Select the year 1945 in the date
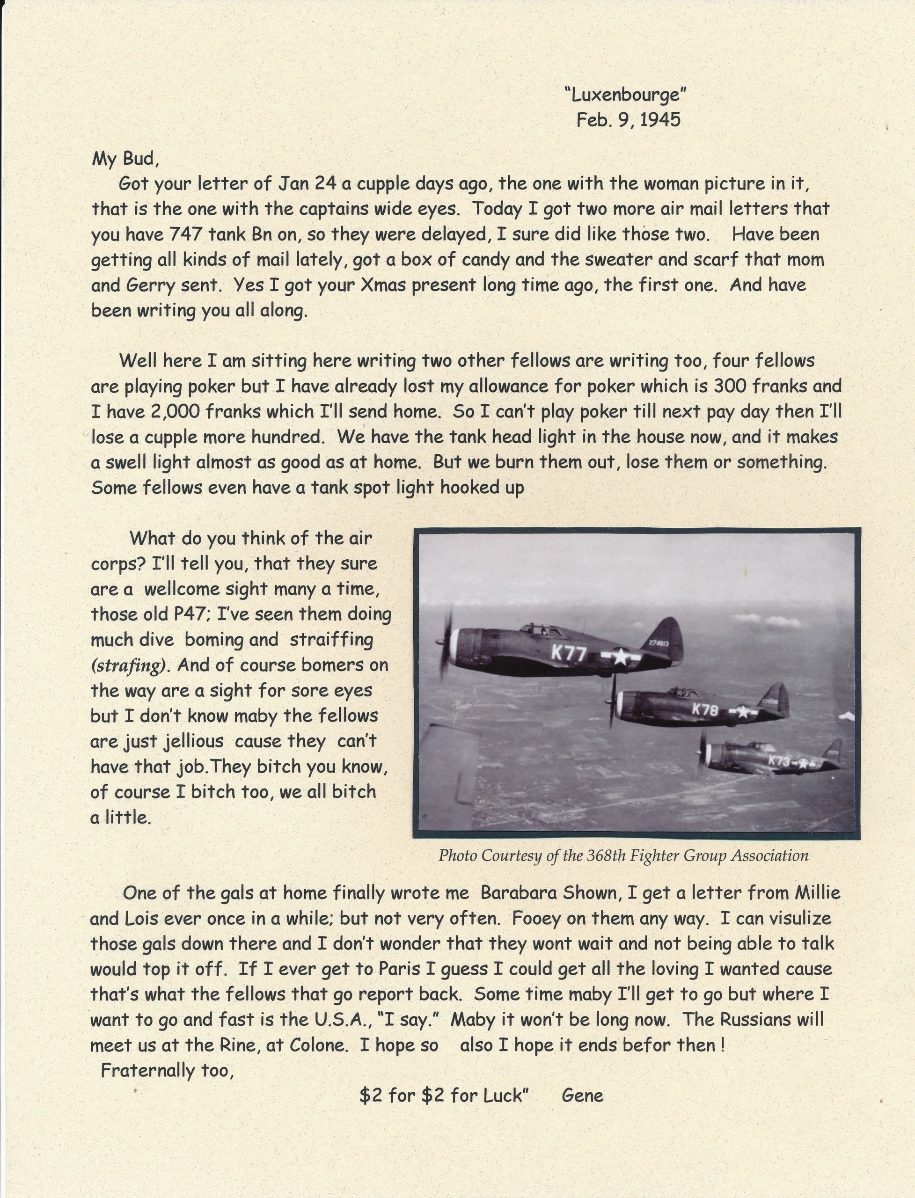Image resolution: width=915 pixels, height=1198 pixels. pos(660,120)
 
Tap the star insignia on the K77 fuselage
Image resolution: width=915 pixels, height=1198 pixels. pos(620,657)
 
